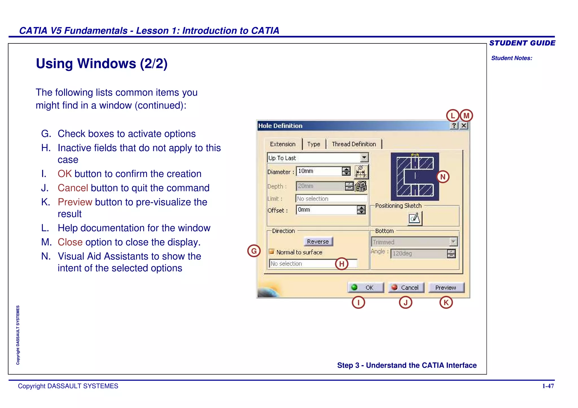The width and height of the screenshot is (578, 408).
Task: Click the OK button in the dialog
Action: (x=366, y=287)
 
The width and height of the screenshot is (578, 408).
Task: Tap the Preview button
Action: (x=446, y=287)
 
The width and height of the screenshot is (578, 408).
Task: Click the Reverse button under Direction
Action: (x=318, y=241)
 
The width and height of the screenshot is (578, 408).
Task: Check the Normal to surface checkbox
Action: (x=272, y=251)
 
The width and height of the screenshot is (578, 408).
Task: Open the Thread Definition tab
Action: (x=354, y=144)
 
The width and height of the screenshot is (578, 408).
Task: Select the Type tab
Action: (x=314, y=144)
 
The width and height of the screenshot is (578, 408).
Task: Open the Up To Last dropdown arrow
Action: (x=364, y=158)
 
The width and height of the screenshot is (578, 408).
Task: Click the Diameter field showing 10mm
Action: (x=319, y=171)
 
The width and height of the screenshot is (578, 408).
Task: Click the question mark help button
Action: (x=454, y=125)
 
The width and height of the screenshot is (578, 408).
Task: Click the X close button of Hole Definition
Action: (x=464, y=125)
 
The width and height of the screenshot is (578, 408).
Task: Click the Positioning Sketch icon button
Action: (x=415, y=218)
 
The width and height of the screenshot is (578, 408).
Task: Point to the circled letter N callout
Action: (x=443, y=177)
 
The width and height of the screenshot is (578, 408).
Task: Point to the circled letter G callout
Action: (x=254, y=251)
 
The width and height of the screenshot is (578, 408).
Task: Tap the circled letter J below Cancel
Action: (x=406, y=303)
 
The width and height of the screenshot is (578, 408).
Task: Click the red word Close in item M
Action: (x=70, y=242)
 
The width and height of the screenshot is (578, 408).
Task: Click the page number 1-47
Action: (x=548, y=386)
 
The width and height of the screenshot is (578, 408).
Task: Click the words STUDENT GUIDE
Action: (x=522, y=43)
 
